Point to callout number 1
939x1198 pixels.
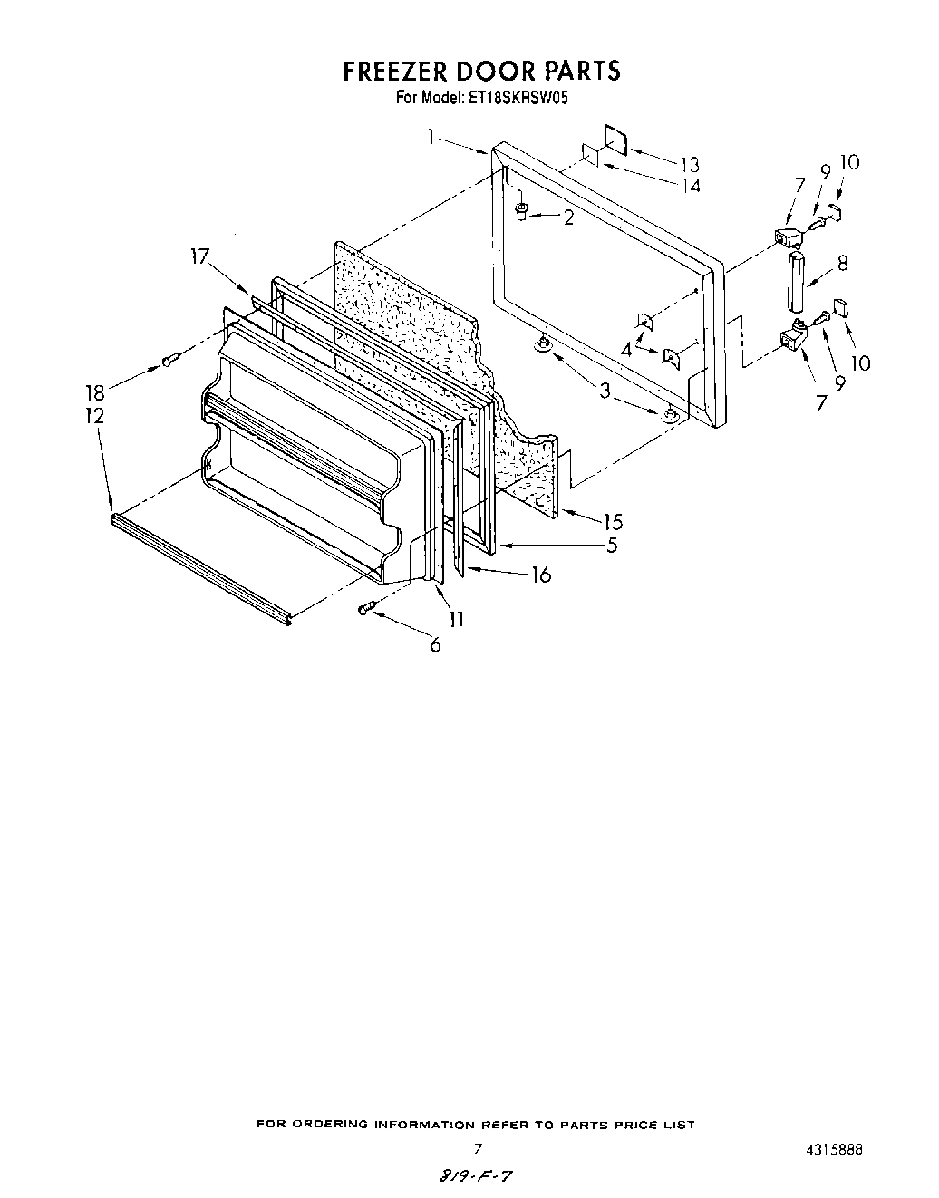[x=432, y=137]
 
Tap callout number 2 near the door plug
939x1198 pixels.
[x=567, y=217]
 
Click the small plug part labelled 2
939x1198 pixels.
[x=522, y=213]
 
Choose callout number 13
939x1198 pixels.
[x=690, y=164]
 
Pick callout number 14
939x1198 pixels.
[x=690, y=186]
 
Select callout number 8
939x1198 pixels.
[x=842, y=265]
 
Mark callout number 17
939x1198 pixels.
[x=201, y=257]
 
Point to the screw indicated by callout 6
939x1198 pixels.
[x=365, y=608]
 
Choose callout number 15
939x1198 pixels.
[x=613, y=522]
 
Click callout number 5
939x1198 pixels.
[x=613, y=546]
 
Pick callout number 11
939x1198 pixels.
[x=456, y=619]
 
